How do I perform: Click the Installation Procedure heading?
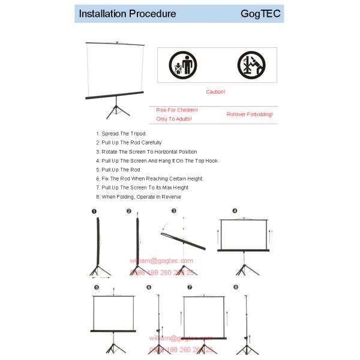tap(127, 13)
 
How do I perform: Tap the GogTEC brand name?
tap(260, 13)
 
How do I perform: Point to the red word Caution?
tap(215, 92)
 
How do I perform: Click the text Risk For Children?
tap(177, 110)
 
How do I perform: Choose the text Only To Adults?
tap(174, 119)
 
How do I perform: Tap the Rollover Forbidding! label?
tap(250, 114)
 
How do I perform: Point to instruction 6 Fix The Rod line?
tap(152, 178)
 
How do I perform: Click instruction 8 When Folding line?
tap(141, 197)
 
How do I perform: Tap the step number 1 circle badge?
tap(94, 211)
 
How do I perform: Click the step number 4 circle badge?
tap(235, 211)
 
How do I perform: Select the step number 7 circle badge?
tap(190, 287)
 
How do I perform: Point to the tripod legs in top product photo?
tap(115, 111)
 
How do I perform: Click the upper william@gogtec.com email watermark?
tap(162, 260)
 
